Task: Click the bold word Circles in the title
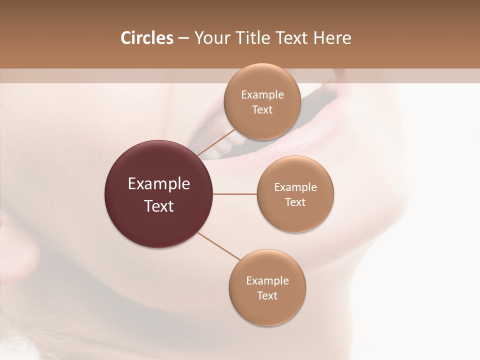(x=146, y=38)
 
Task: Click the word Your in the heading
(x=212, y=38)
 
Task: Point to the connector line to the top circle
(x=216, y=142)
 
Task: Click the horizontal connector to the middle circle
(x=234, y=194)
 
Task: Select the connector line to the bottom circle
(x=219, y=245)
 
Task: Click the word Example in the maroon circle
(x=158, y=184)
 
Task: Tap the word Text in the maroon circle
(x=158, y=206)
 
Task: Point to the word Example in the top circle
(x=262, y=95)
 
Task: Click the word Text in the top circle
(x=262, y=110)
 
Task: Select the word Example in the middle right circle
(x=295, y=187)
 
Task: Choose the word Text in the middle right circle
(x=295, y=202)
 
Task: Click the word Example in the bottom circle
(x=267, y=281)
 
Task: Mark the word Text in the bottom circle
(x=267, y=296)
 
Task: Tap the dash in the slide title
(x=183, y=38)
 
